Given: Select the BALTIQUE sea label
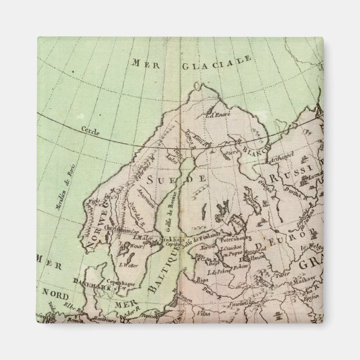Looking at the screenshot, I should point(160,268).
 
